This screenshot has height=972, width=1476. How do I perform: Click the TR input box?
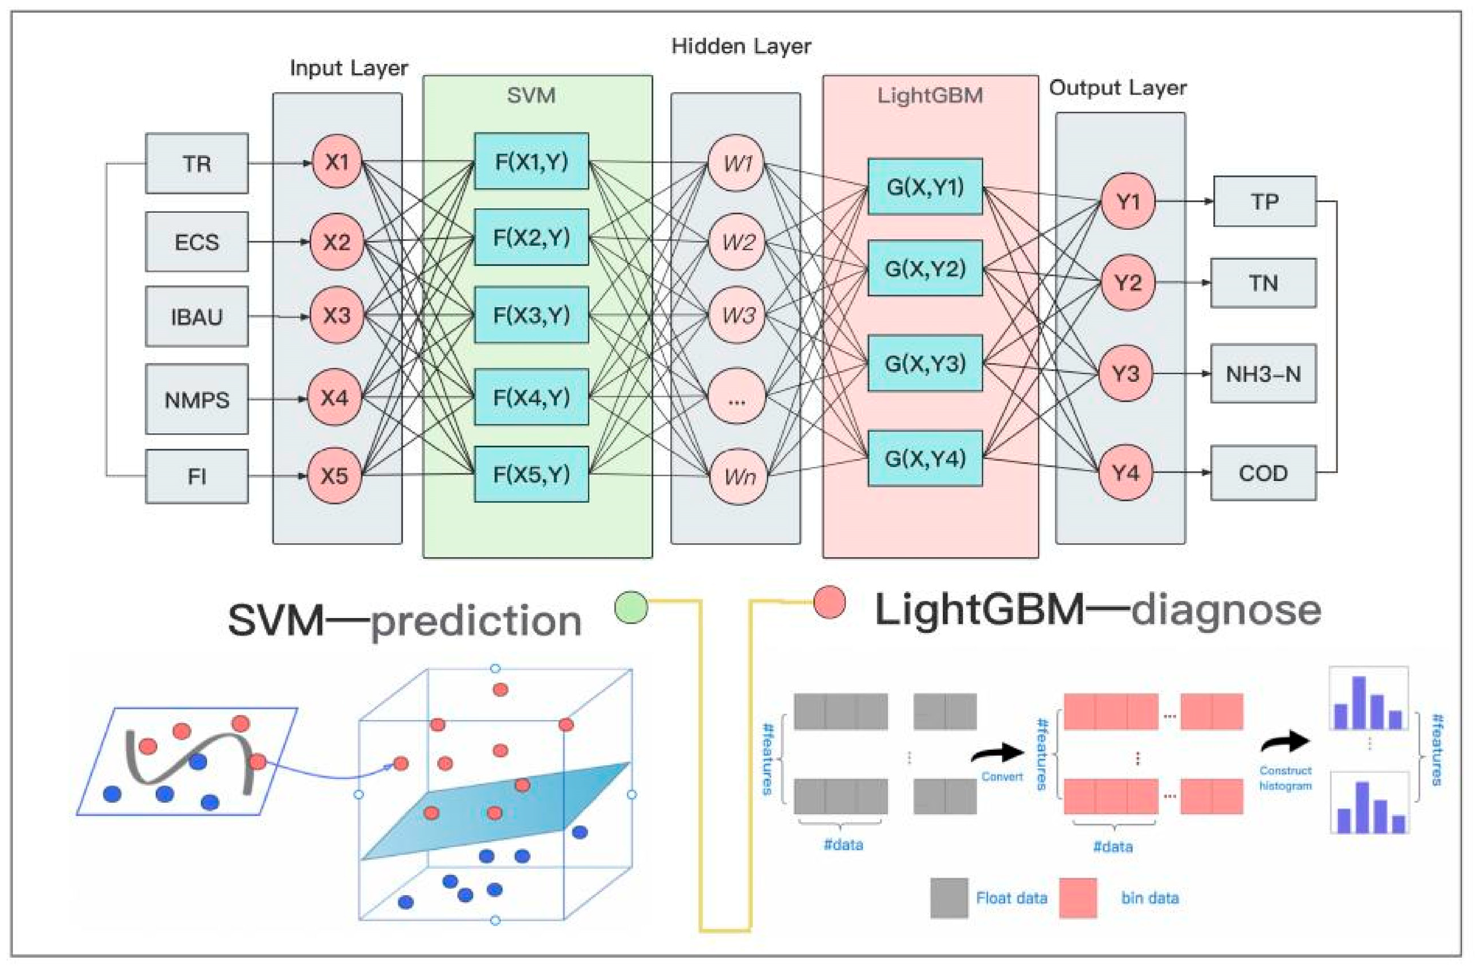tap(197, 164)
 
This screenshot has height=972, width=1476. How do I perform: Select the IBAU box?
tap(197, 317)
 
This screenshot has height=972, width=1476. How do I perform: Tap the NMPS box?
tap(197, 399)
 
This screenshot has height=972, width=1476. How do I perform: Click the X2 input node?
tap(336, 242)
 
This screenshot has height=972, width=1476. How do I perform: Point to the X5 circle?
tap(335, 476)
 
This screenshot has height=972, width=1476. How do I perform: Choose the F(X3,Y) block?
tap(532, 315)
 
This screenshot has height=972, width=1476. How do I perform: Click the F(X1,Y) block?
tap(532, 162)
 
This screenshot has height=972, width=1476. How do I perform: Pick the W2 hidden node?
tap(737, 242)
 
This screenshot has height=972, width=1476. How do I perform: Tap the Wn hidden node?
tap(739, 477)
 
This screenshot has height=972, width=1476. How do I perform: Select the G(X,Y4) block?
tap(925, 458)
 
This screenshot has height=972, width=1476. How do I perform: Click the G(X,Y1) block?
tap(925, 186)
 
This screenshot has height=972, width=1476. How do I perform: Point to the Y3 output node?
tap(1125, 374)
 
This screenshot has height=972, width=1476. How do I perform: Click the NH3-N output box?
tap(1263, 374)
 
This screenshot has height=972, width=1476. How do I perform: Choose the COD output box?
tap(1263, 473)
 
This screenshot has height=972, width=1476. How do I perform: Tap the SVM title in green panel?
tap(531, 96)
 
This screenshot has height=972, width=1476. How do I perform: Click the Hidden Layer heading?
tap(741, 47)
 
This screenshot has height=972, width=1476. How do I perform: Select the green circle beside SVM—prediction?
tap(631, 607)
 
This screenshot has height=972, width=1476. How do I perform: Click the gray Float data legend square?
tap(949, 897)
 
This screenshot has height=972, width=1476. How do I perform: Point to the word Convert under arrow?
tap(1002, 777)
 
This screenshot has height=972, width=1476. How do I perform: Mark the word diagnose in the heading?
tap(1226, 611)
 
